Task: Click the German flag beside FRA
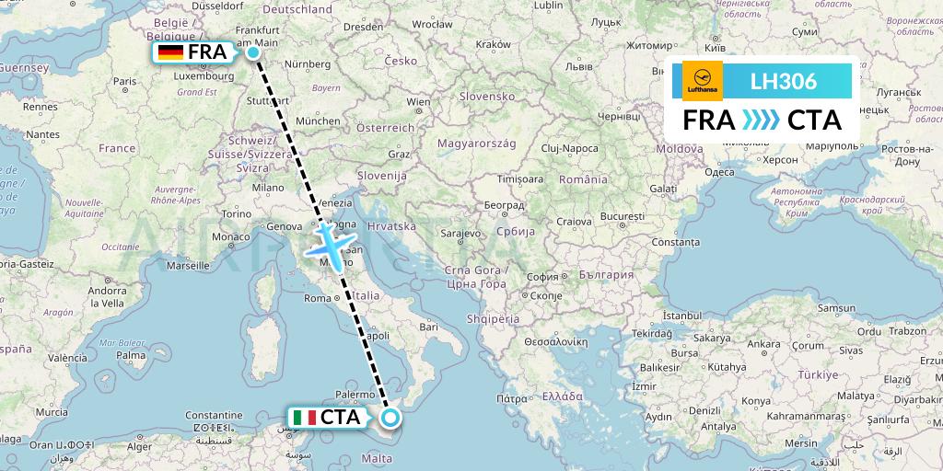pos(170,52)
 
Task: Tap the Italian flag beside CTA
pos(304,418)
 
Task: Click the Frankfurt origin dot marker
pos(253,52)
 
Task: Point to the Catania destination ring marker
pos(390,419)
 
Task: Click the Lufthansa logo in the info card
pos(702,81)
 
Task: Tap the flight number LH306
pos(784,82)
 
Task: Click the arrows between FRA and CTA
pos(761,121)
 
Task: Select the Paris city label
pos(124,81)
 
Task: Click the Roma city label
pos(316,297)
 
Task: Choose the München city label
pos(318,121)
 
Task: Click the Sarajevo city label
pos(460,234)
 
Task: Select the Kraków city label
pos(493,43)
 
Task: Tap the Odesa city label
pos(719,172)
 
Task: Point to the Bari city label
pos(427,326)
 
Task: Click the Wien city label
pos(418,102)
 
